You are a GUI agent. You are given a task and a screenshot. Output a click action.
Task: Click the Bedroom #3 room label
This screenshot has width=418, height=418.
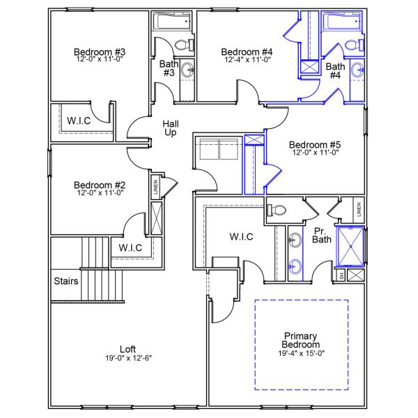pyautogui.click(x=100, y=52)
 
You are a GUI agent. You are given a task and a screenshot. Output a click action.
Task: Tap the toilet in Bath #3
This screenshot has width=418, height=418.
pyautogui.click(x=183, y=45)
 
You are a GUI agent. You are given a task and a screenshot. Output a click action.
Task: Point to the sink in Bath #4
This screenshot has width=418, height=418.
pyautogui.click(x=357, y=70)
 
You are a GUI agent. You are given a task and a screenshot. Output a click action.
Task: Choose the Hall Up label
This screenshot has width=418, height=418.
pyautogui.click(x=170, y=128)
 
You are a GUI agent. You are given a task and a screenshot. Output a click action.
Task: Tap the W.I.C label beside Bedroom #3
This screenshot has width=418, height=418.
pyautogui.click(x=79, y=120)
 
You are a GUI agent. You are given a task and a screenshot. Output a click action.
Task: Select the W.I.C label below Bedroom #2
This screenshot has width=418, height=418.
pyautogui.click(x=130, y=247)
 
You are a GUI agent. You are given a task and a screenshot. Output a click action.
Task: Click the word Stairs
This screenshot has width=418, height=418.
pyautogui.click(x=66, y=281)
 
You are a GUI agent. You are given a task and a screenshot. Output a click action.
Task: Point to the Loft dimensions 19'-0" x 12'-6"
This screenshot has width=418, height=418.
pyautogui.click(x=127, y=357)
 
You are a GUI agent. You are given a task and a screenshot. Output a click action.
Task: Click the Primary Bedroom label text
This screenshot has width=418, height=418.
pyautogui.click(x=300, y=340)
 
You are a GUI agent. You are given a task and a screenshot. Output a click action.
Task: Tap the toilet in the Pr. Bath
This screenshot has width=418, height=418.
pyautogui.click(x=279, y=210)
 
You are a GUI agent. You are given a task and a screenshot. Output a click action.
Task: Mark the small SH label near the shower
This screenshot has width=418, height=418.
pyautogui.click(x=341, y=275)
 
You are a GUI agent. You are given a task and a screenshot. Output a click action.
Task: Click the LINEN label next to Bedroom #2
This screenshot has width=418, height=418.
pyautogui.click(x=155, y=187)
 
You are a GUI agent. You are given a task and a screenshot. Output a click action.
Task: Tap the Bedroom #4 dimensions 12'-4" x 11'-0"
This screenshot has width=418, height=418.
pyautogui.click(x=247, y=61)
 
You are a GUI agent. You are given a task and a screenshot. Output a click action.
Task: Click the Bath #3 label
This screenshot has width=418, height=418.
pyautogui.click(x=169, y=68)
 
